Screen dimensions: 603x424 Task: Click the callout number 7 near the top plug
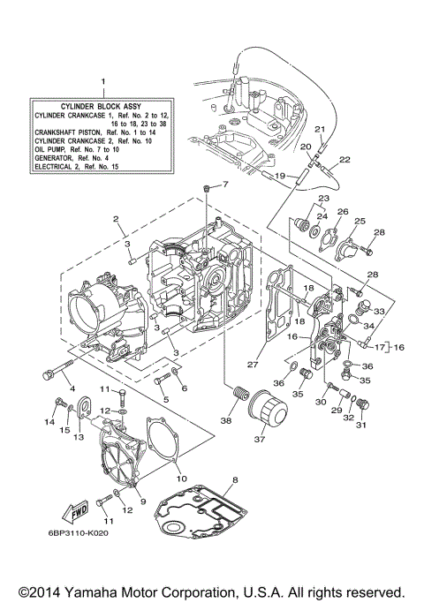[224, 185]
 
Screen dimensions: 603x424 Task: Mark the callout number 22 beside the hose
[344, 160]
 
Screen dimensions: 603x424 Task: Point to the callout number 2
[116, 218]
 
